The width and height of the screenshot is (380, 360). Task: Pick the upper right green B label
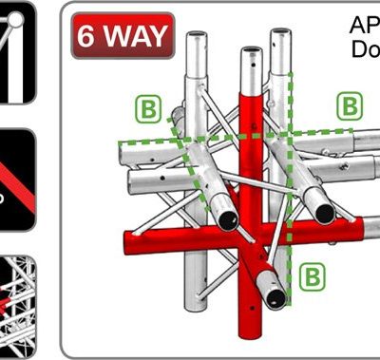coord(351,104)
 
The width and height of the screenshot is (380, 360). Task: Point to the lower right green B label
coord(313,276)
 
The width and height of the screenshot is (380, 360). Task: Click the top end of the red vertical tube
coord(250,51)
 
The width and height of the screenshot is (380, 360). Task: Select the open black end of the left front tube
coord(228,219)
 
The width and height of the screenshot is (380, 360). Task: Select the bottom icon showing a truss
coord(17,304)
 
